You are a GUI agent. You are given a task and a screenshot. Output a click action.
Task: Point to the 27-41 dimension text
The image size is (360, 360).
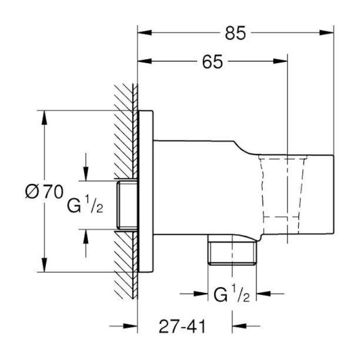pyautogui.click(x=182, y=325)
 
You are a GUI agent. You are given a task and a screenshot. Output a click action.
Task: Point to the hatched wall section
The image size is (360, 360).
pyautogui.click(x=124, y=141)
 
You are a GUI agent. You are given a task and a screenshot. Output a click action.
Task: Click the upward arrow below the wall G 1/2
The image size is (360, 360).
pyautogui.click(x=86, y=236)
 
